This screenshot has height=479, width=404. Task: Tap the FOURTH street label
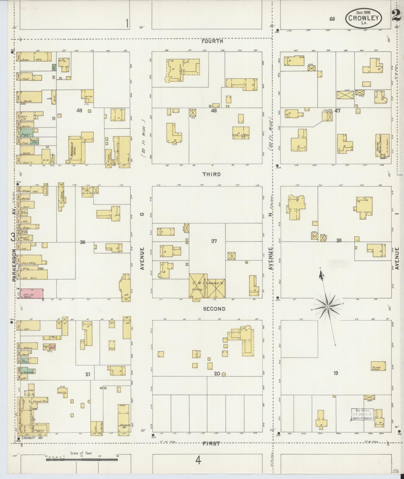click(x=212, y=41)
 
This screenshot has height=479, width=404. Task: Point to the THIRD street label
click(x=212, y=174)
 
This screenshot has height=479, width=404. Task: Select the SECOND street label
click(x=214, y=309)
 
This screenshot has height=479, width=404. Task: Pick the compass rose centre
click(x=327, y=307)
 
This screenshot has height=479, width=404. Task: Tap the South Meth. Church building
click(x=381, y=146)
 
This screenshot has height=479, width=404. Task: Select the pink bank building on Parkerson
click(x=32, y=294)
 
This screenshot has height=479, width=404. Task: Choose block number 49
click(x=79, y=110)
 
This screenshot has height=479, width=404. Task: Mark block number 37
click(x=214, y=241)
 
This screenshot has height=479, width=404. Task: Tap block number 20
click(x=217, y=374)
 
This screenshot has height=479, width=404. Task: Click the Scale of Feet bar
click(x=82, y=460)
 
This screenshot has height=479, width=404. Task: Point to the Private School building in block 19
click(x=378, y=366)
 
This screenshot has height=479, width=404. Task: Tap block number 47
click(x=338, y=111)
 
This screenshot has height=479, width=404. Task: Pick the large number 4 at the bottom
click(x=198, y=460)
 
